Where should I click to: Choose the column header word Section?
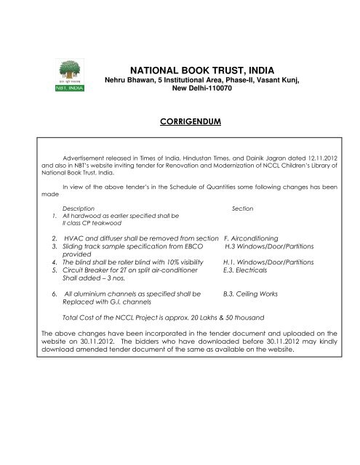pos(242,208)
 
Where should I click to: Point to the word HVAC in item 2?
pos(76,238)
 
